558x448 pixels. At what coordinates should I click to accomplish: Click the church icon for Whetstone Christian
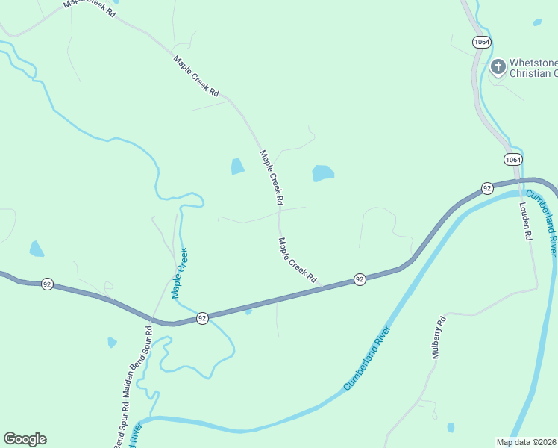(x=498, y=68)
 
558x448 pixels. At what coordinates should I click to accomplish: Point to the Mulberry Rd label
(x=439, y=338)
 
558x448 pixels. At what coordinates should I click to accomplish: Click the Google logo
(x=25, y=439)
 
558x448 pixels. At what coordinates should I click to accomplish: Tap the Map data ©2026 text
(x=526, y=441)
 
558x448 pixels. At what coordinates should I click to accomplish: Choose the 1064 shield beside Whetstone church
(x=481, y=42)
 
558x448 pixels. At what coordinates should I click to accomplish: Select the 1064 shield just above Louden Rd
(x=512, y=160)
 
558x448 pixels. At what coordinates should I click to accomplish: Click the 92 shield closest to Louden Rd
(x=486, y=187)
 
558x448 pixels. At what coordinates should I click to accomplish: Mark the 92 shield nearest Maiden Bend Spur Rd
(x=202, y=318)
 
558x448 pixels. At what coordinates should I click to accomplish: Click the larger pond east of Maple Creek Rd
(x=322, y=173)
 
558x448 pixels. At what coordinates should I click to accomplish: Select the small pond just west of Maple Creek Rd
(x=237, y=166)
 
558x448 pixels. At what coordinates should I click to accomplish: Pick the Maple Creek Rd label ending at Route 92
(x=298, y=260)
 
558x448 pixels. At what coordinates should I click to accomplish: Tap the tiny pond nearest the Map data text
(x=451, y=428)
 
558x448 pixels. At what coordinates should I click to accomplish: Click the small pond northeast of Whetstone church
(x=537, y=22)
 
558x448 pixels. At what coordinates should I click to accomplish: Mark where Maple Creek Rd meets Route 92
(x=322, y=287)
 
